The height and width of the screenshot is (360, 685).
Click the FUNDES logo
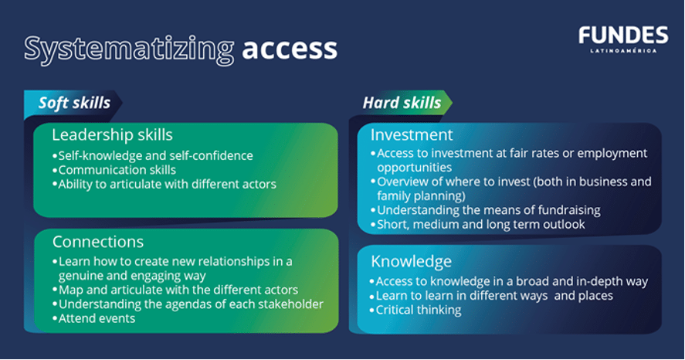(623, 39)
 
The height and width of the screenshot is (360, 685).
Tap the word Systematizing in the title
(129, 49)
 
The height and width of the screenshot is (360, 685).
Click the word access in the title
(290, 49)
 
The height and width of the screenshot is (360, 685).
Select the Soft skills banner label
(74, 103)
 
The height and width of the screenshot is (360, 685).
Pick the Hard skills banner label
(402, 103)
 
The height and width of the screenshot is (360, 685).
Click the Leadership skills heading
(112, 134)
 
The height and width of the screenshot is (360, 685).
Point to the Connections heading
(98, 242)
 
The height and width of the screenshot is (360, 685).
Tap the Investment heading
(412, 134)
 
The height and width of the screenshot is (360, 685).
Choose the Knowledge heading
(411, 261)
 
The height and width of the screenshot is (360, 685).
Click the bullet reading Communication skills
(114, 170)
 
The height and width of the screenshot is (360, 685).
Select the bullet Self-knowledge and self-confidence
(152, 155)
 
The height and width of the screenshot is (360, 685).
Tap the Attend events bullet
(94, 318)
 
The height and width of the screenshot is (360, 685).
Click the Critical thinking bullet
(416, 310)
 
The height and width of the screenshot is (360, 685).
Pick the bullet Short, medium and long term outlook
(478, 225)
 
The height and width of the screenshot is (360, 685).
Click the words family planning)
(421, 195)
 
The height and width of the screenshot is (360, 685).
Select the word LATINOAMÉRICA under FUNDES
(623, 51)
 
